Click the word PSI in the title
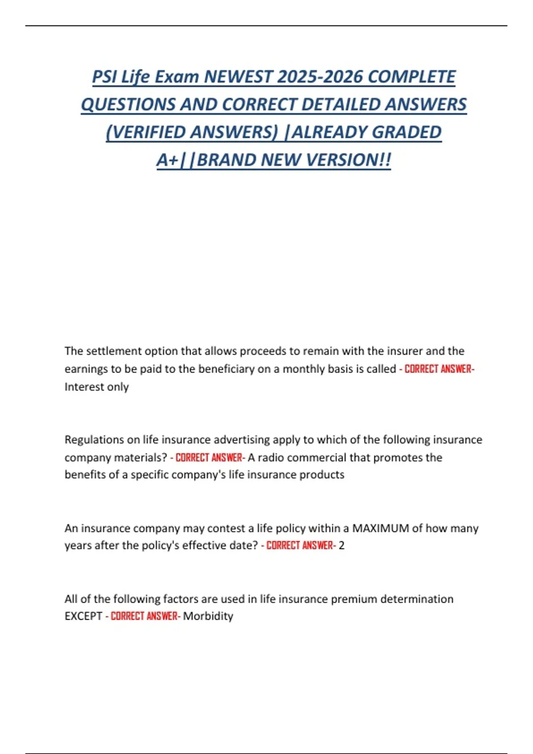104,77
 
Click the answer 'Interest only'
96,387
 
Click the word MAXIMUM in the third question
380,528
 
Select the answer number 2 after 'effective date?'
342,546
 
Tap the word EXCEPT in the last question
83,616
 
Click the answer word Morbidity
208,616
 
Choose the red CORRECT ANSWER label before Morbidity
144,616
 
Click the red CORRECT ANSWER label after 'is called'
438,369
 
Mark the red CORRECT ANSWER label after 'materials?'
209,457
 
